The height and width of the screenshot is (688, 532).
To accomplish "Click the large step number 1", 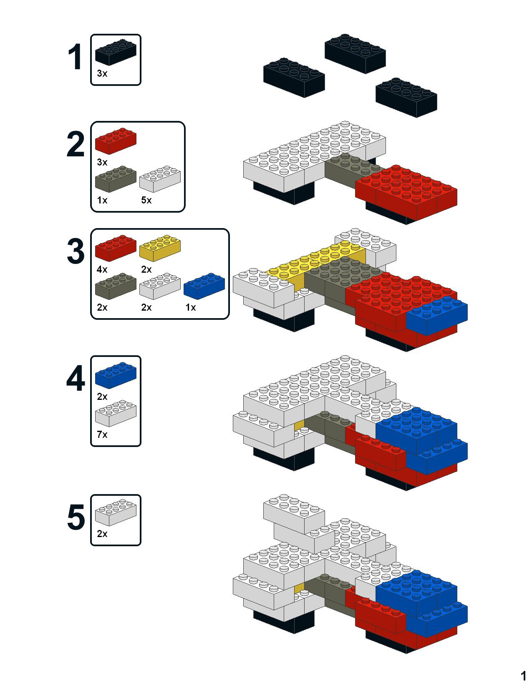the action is click(x=76, y=57).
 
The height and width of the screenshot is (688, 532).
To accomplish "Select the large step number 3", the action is click(x=76, y=251).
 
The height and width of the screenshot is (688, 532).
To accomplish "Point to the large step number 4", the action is click(x=76, y=378).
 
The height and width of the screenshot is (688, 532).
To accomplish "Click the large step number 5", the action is click(x=76, y=517).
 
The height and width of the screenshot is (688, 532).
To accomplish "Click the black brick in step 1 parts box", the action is click(x=116, y=52).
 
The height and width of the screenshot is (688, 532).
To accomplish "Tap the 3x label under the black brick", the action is click(x=102, y=73).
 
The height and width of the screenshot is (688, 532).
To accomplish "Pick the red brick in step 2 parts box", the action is click(x=116, y=141).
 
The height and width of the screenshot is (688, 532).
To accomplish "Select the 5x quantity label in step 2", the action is click(x=146, y=200).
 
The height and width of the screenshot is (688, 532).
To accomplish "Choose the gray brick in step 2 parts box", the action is click(x=116, y=179).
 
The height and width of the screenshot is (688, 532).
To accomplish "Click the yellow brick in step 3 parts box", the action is click(x=160, y=248).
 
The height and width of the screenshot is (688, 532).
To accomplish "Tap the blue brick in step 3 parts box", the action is click(x=204, y=286).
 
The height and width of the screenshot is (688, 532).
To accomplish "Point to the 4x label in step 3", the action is click(x=102, y=269).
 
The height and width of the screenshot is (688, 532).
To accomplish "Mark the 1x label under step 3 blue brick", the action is click(x=191, y=307).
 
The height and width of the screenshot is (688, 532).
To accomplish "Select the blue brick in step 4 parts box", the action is click(x=116, y=376).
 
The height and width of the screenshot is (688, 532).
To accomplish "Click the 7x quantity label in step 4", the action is click(x=102, y=434).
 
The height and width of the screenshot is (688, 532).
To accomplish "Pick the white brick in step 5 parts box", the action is click(x=116, y=512).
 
